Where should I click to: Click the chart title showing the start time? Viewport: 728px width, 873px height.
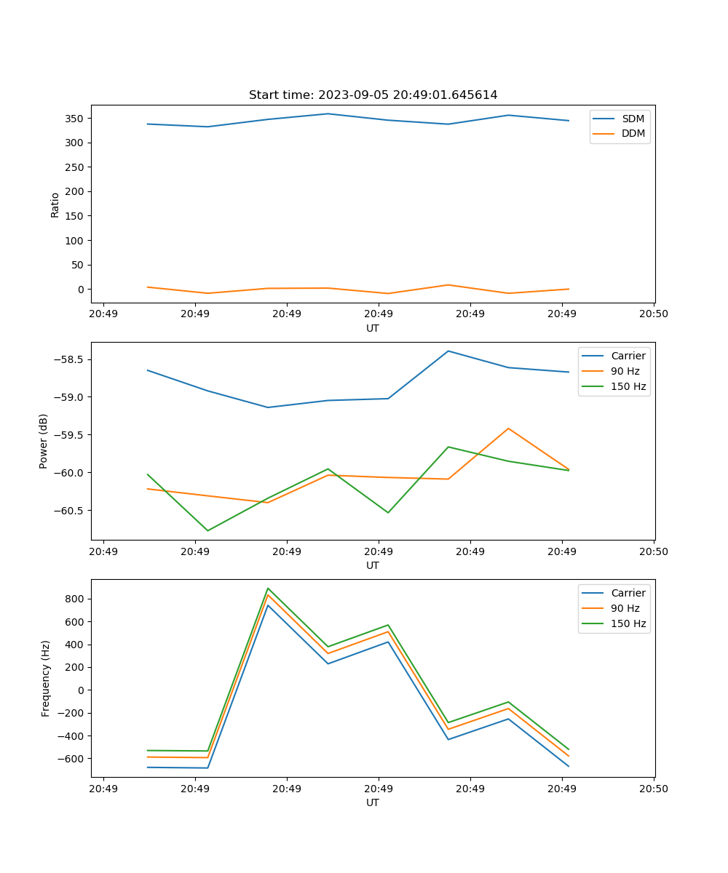373,95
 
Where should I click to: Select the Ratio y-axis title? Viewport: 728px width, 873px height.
55,204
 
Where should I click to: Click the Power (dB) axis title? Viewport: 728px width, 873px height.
44,441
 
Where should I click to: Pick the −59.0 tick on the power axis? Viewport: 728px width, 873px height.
70,397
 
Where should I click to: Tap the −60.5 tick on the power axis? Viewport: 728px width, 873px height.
70,510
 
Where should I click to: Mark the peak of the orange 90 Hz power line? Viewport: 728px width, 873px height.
508,428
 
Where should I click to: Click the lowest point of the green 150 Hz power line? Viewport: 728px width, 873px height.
207,530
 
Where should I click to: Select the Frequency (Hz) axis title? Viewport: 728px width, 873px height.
45,678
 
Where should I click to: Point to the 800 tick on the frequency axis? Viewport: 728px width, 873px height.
74,599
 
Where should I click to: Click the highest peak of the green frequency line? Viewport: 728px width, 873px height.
268,588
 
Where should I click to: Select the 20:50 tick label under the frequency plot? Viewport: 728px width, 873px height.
653,788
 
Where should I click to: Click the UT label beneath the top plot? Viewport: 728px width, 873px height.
373,328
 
